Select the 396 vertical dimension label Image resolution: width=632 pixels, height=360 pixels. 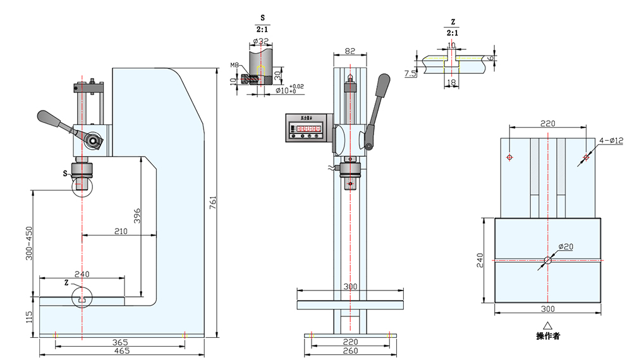pos(137,216)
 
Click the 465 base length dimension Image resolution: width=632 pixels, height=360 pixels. pos(122,350)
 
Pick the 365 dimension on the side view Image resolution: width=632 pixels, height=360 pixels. pos(120,342)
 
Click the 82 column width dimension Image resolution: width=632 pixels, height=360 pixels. pos(349,51)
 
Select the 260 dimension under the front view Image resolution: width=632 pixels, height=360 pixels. pos(351,350)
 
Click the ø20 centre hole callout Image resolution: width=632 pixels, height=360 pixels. pos(565,246)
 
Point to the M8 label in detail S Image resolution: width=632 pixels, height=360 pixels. pos(234,65)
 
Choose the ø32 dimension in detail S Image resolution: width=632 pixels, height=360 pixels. pos(261,42)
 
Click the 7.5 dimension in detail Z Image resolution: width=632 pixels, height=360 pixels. pos(410,74)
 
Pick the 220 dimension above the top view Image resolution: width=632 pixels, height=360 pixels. pos(547,124)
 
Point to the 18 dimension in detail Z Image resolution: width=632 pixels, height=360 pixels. pos(451,82)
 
